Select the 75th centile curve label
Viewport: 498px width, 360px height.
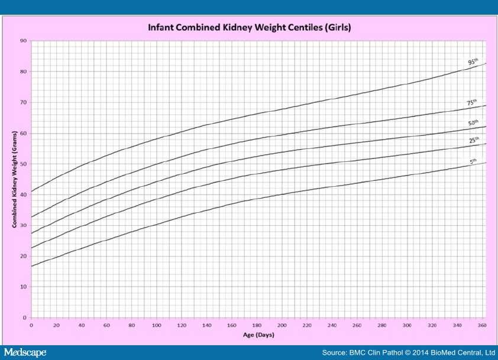pyautogui.click(x=472, y=103)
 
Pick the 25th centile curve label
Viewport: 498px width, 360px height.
pyautogui.click(x=474, y=140)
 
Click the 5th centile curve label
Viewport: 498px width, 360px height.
pyautogui.click(x=473, y=161)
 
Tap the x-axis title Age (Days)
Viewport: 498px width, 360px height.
pyautogui.click(x=258, y=335)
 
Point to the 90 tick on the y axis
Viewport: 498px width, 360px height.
pyautogui.click(x=23, y=41)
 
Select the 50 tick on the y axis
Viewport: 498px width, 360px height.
pyautogui.click(x=23, y=164)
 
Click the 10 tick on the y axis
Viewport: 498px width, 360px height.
pyautogui.click(x=23, y=287)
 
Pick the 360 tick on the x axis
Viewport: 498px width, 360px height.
pyautogui.click(x=481, y=325)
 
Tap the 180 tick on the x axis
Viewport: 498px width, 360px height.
pyautogui.click(x=256, y=325)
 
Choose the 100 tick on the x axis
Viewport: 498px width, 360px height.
pyautogui.click(x=156, y=325)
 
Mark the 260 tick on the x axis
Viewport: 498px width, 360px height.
pyautogui.click(x=356, y=325)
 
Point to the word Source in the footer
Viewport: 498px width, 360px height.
pyautogui.click(x=334, y=352)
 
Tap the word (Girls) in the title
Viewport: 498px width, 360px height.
pyautogui.click(x=343, y=27)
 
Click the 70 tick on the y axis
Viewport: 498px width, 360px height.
pyautogui.click(x=23, y=102)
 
